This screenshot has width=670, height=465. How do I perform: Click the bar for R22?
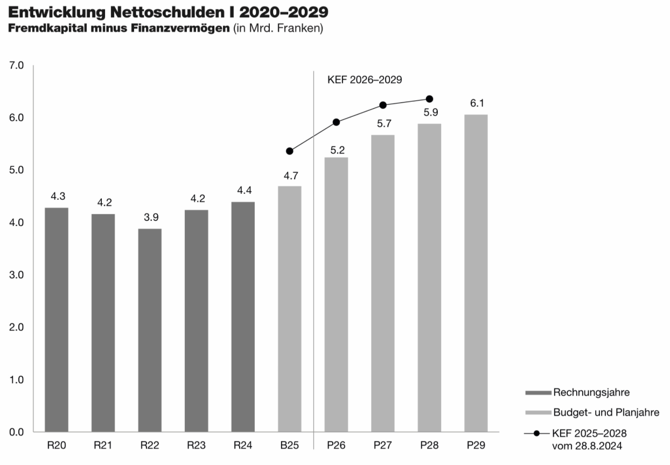point(150,330)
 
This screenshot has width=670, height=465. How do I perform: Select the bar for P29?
point(476,273)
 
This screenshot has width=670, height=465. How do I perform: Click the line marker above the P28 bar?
point(429,99)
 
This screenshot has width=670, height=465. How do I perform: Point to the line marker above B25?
point(289,151)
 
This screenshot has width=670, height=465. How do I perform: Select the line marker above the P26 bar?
point(336,122)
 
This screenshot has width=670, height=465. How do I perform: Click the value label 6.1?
point(476,104)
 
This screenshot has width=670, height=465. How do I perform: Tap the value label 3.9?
point(150,217)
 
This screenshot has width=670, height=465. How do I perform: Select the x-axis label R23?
point(196,446)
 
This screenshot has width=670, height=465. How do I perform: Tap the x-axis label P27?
point(382,446)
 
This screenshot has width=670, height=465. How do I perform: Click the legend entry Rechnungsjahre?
point(591,392)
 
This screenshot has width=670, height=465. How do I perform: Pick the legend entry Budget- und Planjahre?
point(606,413)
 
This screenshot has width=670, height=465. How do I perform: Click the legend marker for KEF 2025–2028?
point(537,433)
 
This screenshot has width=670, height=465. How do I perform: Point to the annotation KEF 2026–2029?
point(365,80)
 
